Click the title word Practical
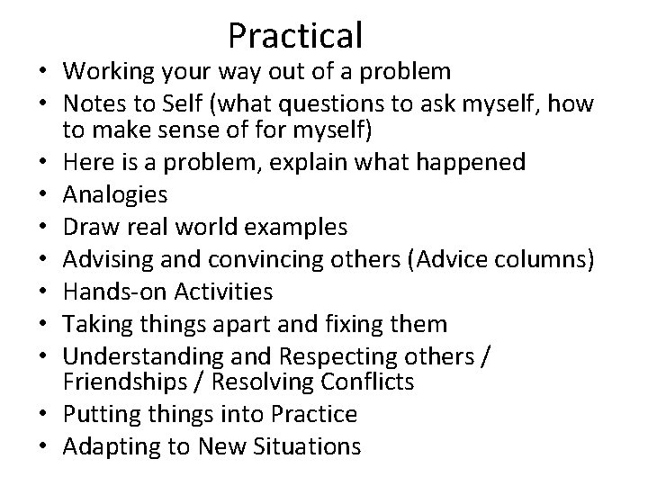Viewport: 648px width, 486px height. point(295,35)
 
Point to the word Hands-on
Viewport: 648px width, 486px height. point(106,291)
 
